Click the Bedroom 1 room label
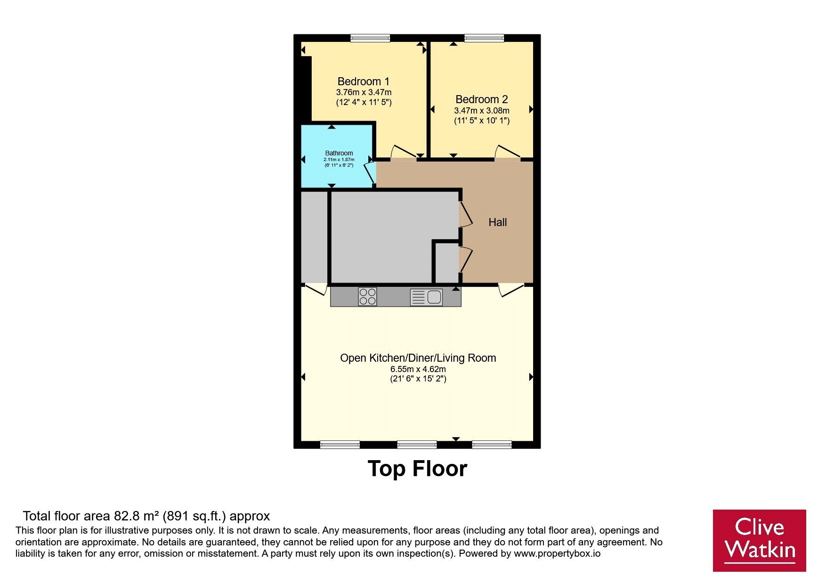point(364,81)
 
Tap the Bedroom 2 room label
point(482,99)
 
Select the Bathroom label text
point(339,153)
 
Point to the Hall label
point(498,222)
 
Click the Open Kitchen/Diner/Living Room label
point(418,358)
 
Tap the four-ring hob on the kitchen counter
point(367,297)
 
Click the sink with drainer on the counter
point(426,297)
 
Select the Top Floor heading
point(417,469)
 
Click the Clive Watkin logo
point(759,540)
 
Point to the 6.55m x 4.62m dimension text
point(418,369)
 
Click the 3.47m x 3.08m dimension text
point(482,111)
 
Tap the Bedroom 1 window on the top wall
point(370,38)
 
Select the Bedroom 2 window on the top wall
point(484,38)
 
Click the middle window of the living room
point(417,444)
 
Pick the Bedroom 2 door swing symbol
point(508,152)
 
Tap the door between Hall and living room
point(511,290)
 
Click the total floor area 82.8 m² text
point(146,516)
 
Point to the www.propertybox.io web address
point(557,553)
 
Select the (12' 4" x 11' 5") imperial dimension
point(364,102)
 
